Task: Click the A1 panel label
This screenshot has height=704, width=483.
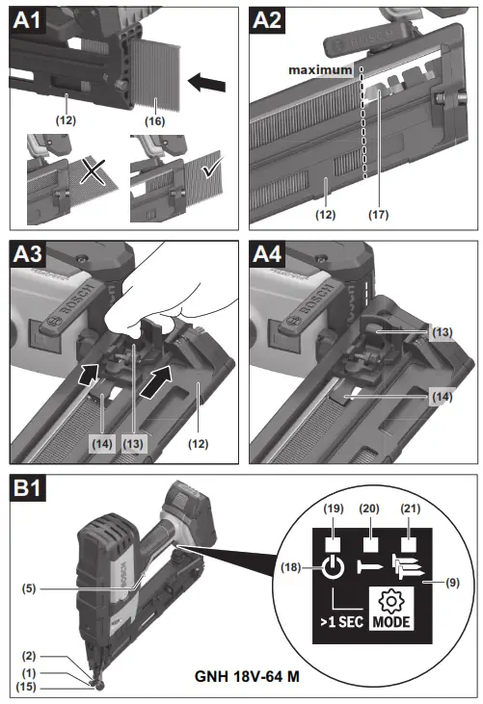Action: (x=27, y=20)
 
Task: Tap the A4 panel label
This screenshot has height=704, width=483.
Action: (x=267, y=254)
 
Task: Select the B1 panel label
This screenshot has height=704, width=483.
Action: (x=27, y=488)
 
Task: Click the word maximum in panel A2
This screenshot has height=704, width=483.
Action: (x=320, y=70)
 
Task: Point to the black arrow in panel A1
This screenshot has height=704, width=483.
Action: (x=206, y=83)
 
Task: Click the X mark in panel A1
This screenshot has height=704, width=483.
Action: (x=93, y=171)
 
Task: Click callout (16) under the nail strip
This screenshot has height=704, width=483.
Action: (x=154, y=120)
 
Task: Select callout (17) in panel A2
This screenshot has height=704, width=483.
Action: (x=378, y=214)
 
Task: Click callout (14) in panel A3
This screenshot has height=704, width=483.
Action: (x=102, y=444)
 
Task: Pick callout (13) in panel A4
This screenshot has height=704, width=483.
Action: (x=442, y=332)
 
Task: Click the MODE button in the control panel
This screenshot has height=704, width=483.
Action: (x=391, y=609)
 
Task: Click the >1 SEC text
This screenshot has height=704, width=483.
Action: (x=342, y=622)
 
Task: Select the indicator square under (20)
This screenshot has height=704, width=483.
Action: (x=370, y=545)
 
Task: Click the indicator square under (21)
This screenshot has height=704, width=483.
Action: (x=408, y=545)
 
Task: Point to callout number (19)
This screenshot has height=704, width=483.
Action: (x=333, y=508)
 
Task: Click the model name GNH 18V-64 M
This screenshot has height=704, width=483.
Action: (x=247, y=676)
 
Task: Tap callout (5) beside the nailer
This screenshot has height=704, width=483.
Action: (x=29, y=588)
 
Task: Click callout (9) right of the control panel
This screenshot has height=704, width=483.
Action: (x=452, y=583)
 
